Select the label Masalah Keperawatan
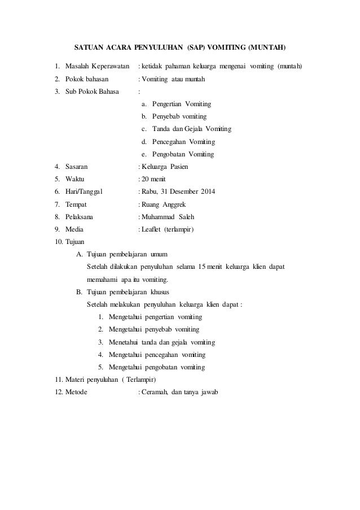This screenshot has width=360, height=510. coord(98,66)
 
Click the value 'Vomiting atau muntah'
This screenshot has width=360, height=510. coord(173,79)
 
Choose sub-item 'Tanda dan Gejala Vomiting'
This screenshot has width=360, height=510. coord(187,129)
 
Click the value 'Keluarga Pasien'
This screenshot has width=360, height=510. coord(165,167)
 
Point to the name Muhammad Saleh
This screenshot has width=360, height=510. coord(169,217)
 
